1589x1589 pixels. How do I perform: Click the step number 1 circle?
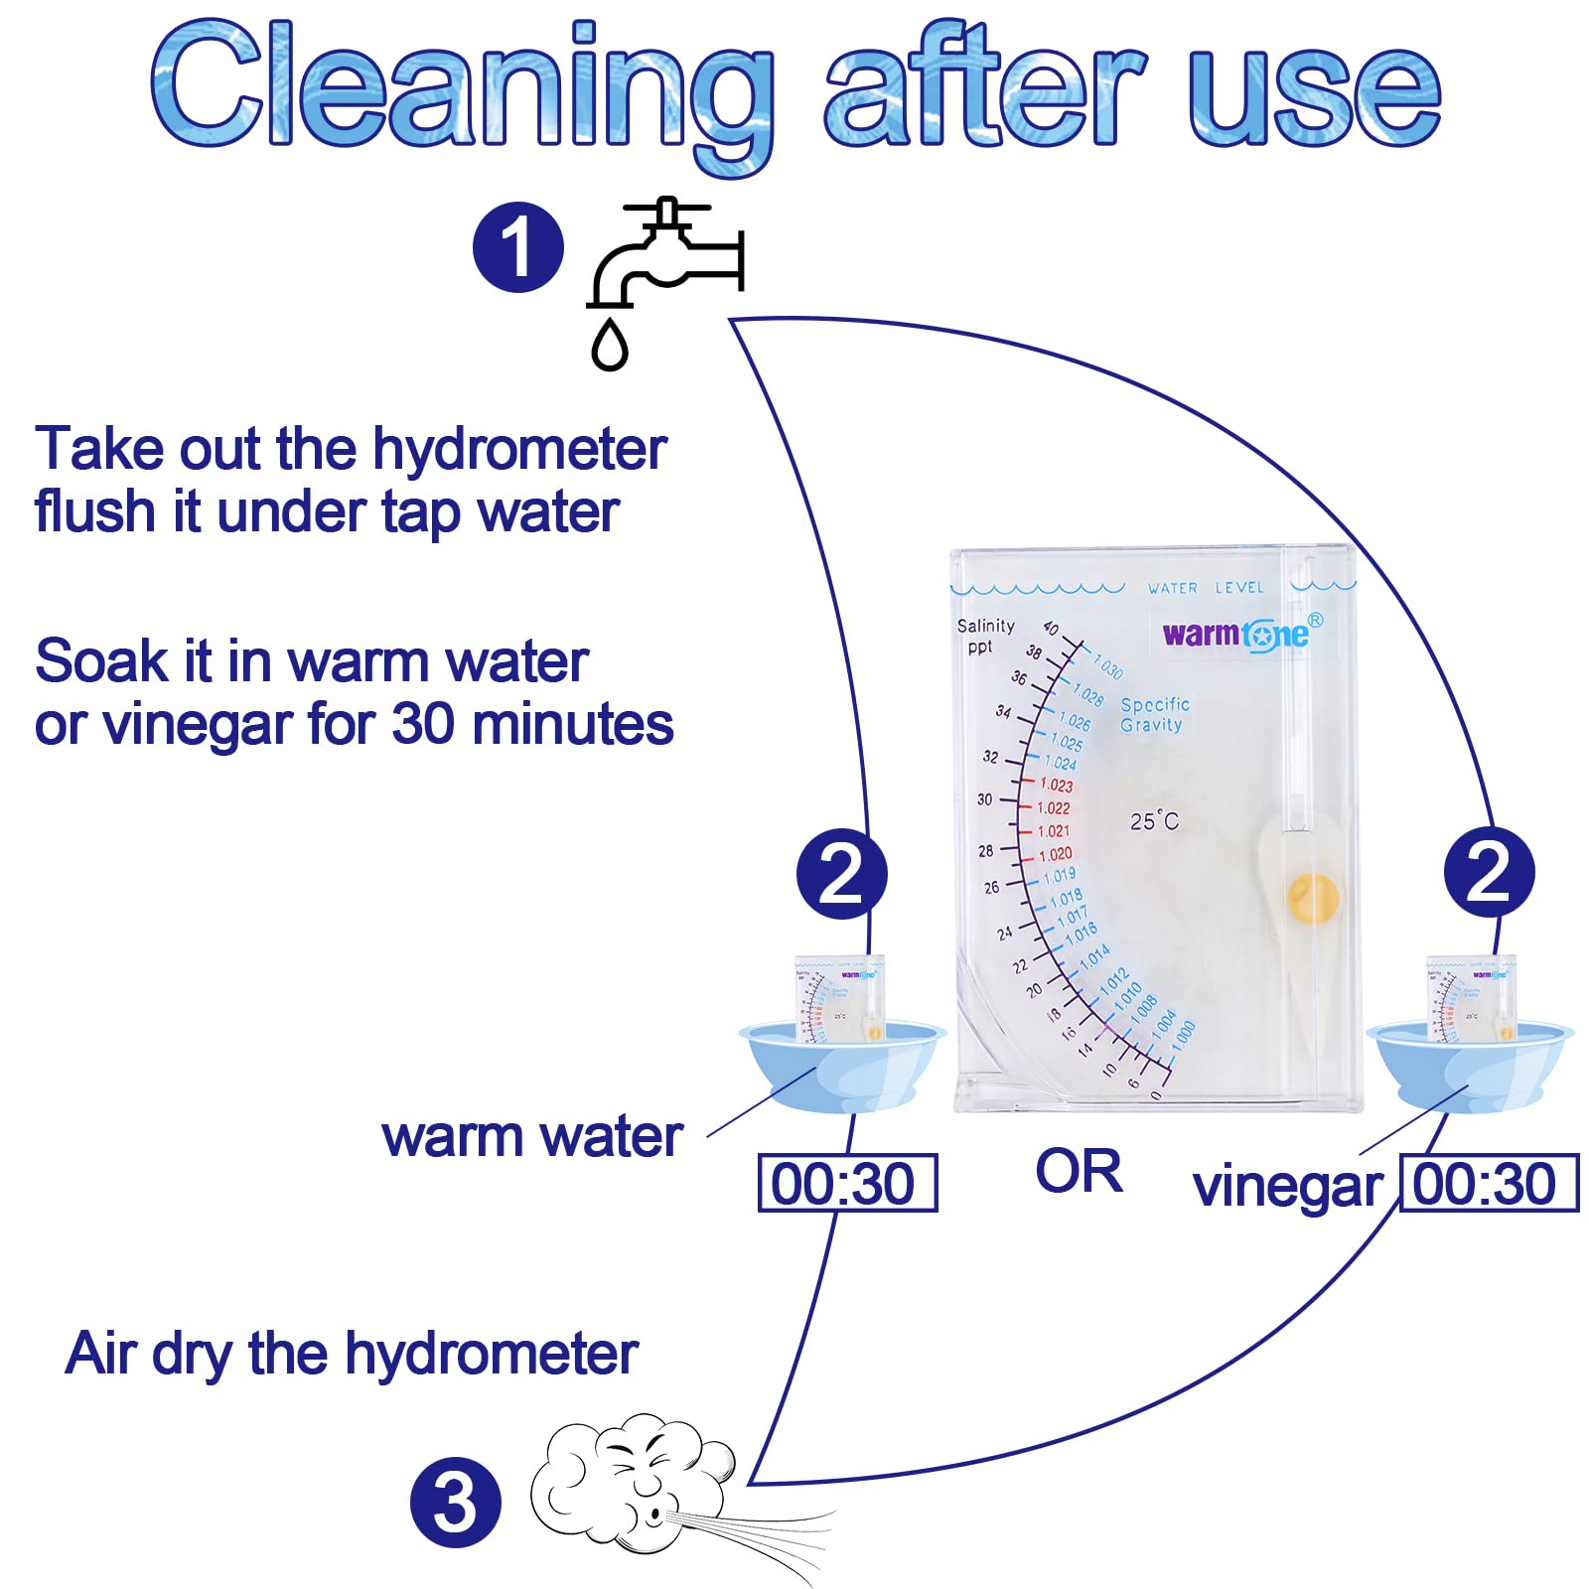point(517,247)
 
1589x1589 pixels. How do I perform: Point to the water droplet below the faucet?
point(610,344)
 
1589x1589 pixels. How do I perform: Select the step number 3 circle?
point(455,1502)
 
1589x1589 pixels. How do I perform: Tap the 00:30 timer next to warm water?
point(847,1183)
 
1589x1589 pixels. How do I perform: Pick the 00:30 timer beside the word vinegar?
point(1488,1183)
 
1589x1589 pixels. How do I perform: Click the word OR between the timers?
point(1079,1171)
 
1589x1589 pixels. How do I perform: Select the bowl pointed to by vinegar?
point(1470,1068)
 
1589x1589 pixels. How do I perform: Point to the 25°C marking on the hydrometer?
point(1154,821)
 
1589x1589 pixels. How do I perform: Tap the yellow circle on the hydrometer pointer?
point(1312,899)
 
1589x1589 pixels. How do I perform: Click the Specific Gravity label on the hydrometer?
point(1154,715)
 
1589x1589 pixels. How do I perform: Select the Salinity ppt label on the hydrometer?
point(984,636)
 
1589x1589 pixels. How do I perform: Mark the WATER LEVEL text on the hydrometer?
point(1206,588)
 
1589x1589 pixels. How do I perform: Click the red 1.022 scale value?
point(1053,808)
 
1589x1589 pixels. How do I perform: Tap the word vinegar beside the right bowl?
point(1288,1187)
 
